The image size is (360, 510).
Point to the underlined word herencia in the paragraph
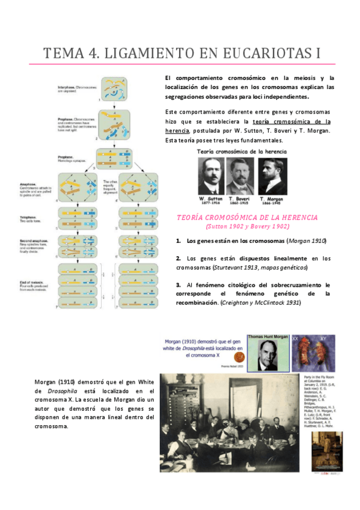pos(177,131)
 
